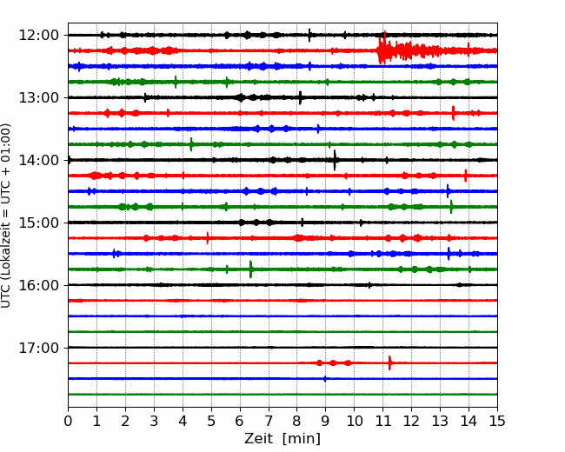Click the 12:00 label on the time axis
click(39, 36)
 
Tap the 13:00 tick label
click(39, 97)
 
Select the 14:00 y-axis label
click(39, 160)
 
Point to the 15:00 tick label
click(39, 223)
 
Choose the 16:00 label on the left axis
click(39, 285)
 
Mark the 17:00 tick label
click(39, 348)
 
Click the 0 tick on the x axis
click(68, 421)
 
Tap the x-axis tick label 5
click(211, 421)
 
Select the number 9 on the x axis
click(325, 421)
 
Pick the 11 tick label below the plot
click(382, 421)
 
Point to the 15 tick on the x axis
click(497, 421)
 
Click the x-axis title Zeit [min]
click(282, 439)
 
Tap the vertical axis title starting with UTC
click(6, 216)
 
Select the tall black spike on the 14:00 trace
click(335, 160)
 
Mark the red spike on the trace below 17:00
click(390, 362)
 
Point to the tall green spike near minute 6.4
click(251, 269)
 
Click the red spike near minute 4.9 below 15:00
click(208, 238)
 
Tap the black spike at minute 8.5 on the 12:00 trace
click(309, 35)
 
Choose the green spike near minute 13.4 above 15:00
click(451, 207)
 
